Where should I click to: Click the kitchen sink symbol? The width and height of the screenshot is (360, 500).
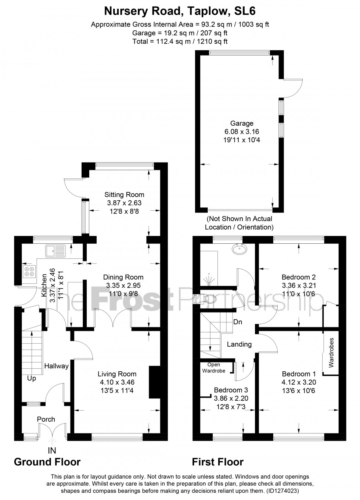(55, 251)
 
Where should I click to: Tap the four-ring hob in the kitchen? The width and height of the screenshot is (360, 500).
(29, 271)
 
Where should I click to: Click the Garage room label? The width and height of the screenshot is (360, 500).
(242, 124)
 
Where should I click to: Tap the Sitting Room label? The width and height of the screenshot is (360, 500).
(124, 194)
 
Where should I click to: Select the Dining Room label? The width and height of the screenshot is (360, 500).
(123, 277)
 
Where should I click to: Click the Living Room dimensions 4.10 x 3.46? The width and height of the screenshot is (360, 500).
(117, 382)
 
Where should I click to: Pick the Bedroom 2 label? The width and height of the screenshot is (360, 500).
(298, 277)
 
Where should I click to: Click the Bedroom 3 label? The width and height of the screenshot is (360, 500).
(231, 390)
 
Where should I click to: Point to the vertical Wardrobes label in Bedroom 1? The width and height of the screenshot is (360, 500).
(332, 353)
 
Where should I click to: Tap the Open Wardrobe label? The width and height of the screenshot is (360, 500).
(214, 368)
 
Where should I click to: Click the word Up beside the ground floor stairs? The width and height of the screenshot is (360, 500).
(32, 378)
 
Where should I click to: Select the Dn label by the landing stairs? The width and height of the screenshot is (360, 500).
(238, 322)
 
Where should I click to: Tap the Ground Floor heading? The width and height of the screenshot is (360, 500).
(47, 462)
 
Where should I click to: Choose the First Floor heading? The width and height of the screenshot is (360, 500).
(217, 462)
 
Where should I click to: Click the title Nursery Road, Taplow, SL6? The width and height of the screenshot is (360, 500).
(180, 11)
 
